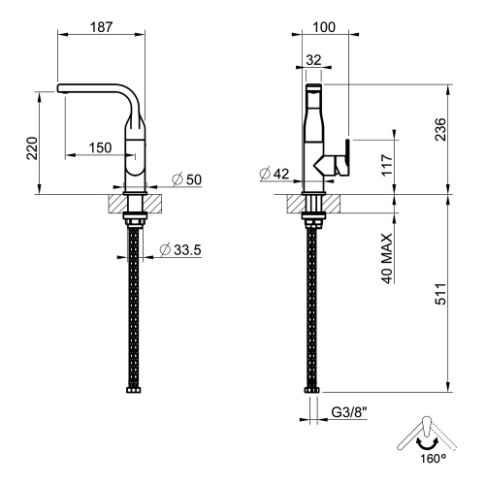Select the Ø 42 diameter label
(x=275, y=175)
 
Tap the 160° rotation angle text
(x=432, y=459)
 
